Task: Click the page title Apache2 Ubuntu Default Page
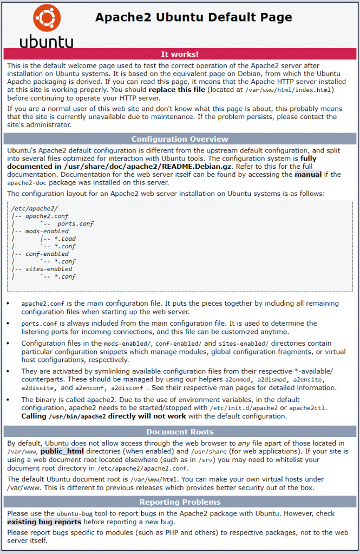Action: pyautogui.click(x=193, y=17)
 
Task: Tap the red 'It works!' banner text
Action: pyautogui.click(x=180, y=54)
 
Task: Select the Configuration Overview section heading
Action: pyautogui.click(x=180, y=138)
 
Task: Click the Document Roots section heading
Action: pyautogui.click(x=180, y=432)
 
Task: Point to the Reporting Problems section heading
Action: pyautogui.click(x=180, y=502)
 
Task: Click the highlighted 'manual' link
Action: pyautogui.click(x=307, y=174)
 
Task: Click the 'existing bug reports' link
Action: pyautogui.click(x=44, y=522)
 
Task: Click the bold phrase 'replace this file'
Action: pyautogui.click(x=177, y=89)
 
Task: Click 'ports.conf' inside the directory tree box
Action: pyautogui.click(x=75, y=223)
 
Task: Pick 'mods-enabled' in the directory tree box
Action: pyautogui.click(x=47, y=231)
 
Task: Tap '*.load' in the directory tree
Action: pyautogui.click(x=66, y=239)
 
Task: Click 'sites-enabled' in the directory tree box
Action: pyautogui.click(x=49, y=269)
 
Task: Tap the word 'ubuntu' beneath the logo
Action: pyautogui.click(x=47, y=42)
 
